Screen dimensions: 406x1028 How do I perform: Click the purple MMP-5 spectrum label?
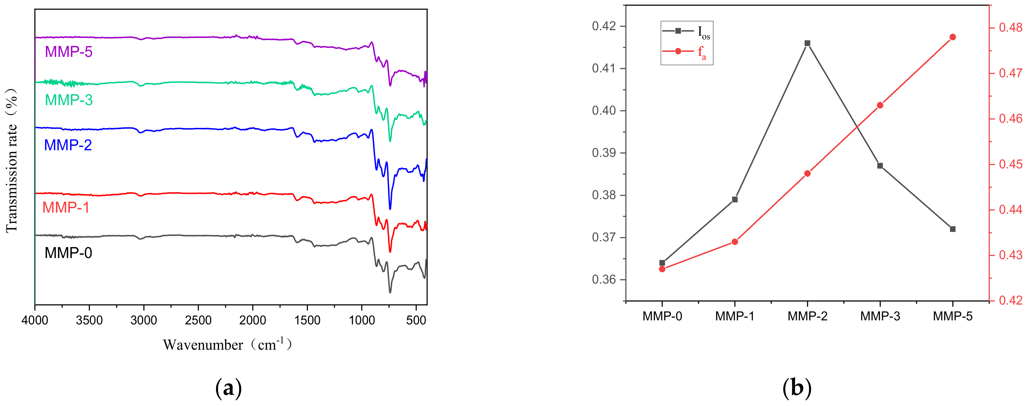(x=69, y=52)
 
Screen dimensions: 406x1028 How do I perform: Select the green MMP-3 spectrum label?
(x=69, y=100)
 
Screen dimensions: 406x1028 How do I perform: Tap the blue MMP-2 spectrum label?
(x=68, y=145)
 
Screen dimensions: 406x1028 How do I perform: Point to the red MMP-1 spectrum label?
(x=66, y=207)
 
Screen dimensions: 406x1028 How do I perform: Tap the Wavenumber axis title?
(x=227, y=345)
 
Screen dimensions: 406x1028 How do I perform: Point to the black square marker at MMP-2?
(x=807, y=43)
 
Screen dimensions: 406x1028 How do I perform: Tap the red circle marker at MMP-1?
(x=735, y=242)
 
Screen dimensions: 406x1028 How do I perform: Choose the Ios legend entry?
(x=686, y=32)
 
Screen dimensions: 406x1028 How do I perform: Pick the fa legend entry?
(x=685, y=52)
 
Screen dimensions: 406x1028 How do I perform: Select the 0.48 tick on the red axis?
(x=1011, y=28)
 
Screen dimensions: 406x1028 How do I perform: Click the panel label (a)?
(x=228, y=388)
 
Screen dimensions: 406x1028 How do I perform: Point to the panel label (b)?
(x=796, y=388)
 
